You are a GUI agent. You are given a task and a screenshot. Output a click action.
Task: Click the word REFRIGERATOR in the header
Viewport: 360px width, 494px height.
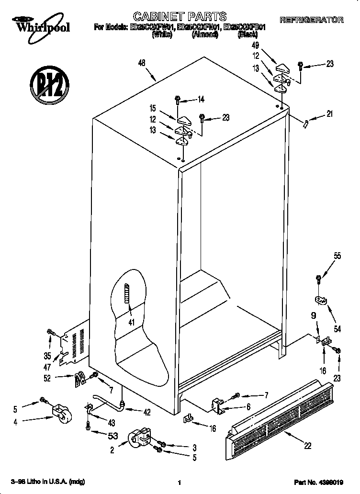[311, 20]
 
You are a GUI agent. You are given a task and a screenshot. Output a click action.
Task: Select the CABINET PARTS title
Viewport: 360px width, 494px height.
[180, 17]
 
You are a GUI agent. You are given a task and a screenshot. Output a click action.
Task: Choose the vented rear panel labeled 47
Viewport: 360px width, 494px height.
[73, 345]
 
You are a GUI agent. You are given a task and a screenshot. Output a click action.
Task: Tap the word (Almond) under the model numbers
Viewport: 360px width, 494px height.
[205, 34]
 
